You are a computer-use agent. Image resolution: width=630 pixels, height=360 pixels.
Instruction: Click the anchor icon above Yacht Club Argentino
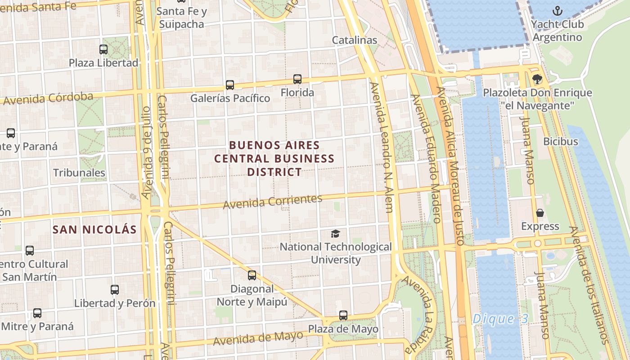(x=558, y=11)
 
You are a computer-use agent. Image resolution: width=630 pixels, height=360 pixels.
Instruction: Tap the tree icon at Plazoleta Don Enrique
(x=537, y=80)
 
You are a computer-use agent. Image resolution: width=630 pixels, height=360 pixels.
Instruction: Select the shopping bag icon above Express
(x=540, y=213)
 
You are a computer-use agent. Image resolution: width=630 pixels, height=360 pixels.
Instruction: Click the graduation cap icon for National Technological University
(x=335, y=234)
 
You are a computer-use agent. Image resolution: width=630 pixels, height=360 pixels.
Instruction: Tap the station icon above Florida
(x=297, y=79)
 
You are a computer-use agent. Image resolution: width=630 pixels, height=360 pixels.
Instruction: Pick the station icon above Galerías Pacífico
(x=230, y=85)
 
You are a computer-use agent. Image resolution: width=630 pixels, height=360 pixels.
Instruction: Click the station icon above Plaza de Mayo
(x=343, y=315)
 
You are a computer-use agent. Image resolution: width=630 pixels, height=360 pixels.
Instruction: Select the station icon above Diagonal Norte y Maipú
(x=252, y=275)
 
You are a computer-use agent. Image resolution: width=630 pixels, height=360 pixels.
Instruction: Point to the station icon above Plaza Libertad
(x=103, y=49)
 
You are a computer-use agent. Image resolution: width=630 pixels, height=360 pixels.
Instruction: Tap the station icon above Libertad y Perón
(x=115, y=290)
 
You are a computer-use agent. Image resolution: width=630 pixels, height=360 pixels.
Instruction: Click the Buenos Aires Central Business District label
(x=274, y=158)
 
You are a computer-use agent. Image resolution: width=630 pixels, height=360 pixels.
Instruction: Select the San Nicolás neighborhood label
(x=94, y=229)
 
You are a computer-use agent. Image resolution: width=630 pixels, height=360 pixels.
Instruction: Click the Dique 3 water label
(x=500, y=319)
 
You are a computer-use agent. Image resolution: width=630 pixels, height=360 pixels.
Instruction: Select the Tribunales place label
(x=79, y=173)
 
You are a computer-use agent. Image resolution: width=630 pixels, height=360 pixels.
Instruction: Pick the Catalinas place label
(x=355, y=40)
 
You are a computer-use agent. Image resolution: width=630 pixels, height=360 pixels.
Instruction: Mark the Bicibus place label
(x=561, y=141)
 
